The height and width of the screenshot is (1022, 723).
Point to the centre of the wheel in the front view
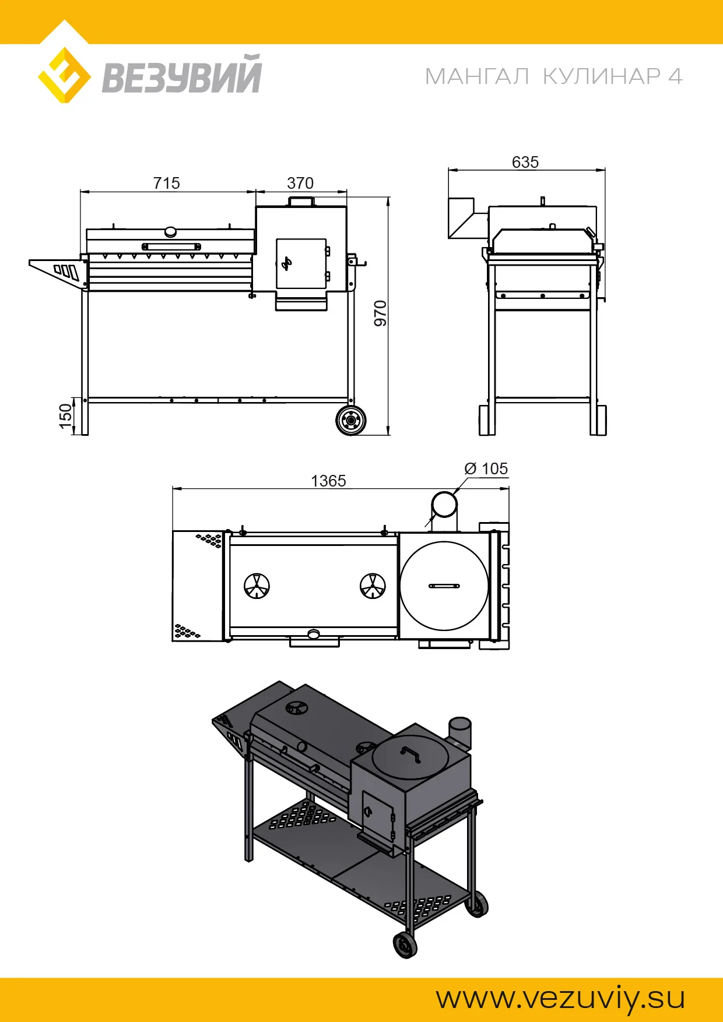point(351,420)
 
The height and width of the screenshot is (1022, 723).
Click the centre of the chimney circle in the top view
point(444,504)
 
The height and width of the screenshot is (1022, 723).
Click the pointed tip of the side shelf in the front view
point(30,263)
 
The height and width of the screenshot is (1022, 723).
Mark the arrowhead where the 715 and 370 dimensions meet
point(255,191)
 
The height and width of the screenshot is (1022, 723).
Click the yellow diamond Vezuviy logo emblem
point(64,76)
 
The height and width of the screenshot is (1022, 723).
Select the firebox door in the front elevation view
point(301,263)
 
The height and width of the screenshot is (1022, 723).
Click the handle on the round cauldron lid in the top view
point(444,586)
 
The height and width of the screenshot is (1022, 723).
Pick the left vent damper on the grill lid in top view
point(257,586)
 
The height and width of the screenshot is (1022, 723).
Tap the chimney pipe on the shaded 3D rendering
point(459,732)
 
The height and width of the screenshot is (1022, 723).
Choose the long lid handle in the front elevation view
point(171,246)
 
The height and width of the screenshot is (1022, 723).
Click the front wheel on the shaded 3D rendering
point(405,945)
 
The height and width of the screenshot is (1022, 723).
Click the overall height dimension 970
point(380,313)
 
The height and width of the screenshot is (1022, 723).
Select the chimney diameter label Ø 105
point(486,468)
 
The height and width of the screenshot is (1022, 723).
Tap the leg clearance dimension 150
point(65,416)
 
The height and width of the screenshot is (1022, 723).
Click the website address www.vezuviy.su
point(561,998)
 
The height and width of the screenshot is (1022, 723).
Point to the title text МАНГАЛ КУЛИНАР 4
point(553,76)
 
